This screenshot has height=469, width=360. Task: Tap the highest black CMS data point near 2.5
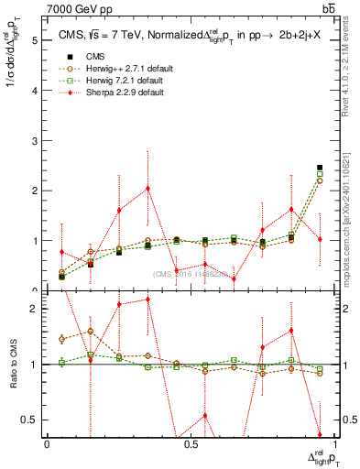tap(320, 168)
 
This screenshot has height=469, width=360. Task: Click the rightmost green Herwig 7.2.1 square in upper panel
tap(320, 174)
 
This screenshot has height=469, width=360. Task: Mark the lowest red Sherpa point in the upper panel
tap(234, 278)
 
